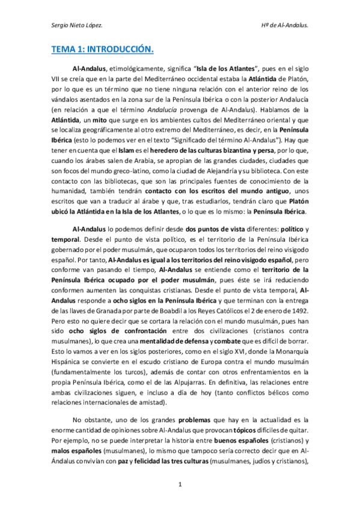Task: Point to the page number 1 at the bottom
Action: click(179, 485)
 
